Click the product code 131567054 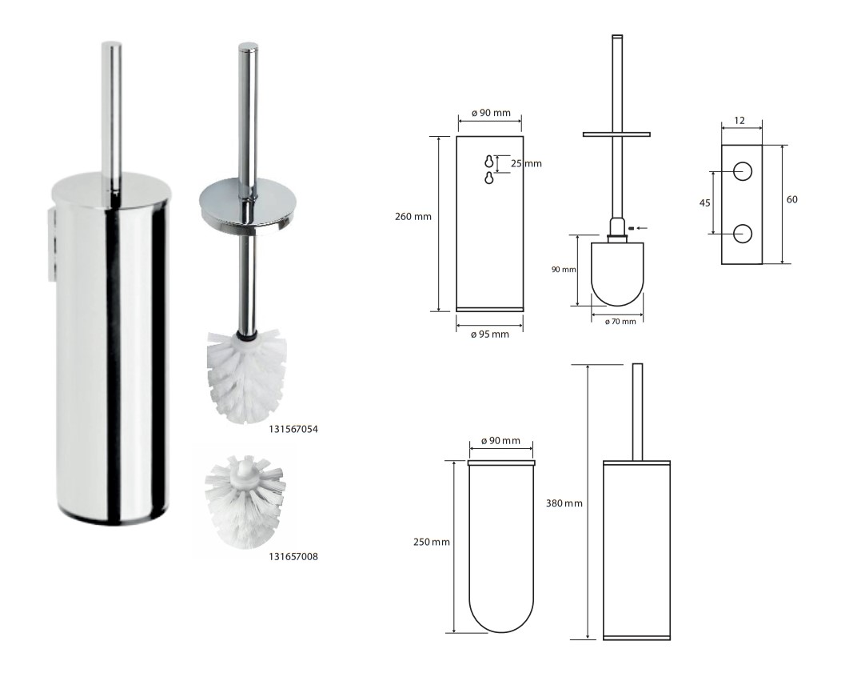pos(293,429)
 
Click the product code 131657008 pos(293,557)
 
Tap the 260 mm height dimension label pos(413,217)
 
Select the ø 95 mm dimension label pos(490,334)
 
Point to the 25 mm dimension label pos(526,163)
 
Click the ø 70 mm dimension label pos(620,322)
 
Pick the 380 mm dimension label pos(564,503)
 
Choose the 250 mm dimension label pos(432,542)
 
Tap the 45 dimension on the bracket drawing pos(704,203)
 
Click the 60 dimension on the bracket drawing pos(791,199)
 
